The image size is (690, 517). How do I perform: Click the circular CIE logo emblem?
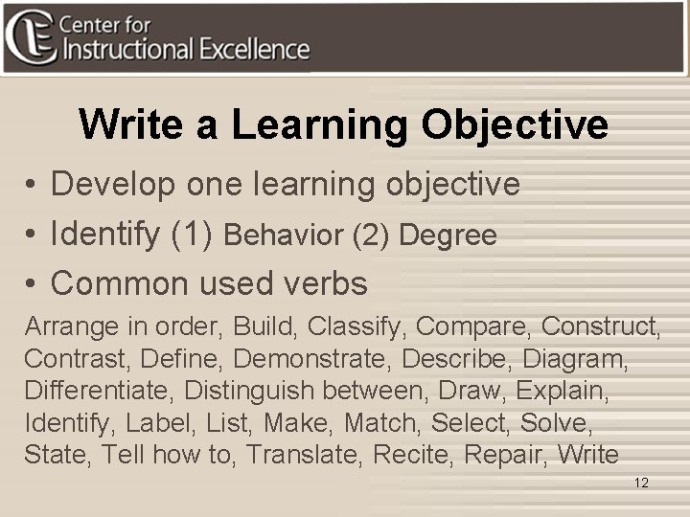(x=30, y=36)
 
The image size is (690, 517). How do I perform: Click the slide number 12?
(x=641, y=483)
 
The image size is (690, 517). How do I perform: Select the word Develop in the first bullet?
(x=114, y=184)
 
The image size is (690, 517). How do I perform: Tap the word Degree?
(x=448, y=236)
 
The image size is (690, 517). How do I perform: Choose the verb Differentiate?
(x=98, y=391)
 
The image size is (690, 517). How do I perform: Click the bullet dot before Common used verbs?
(x=32, y=284)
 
